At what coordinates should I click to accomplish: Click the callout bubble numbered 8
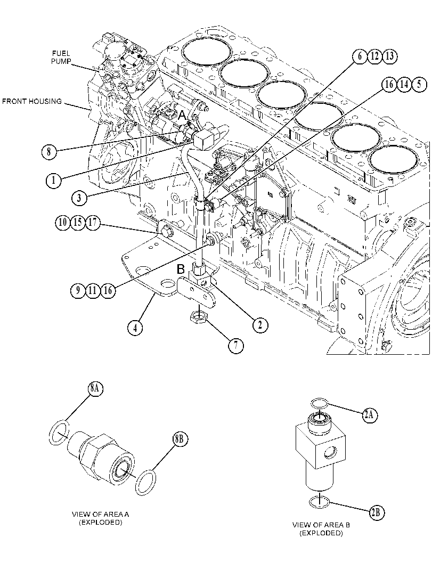[x=48, y=151]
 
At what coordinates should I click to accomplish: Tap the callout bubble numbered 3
[x=79, y=198]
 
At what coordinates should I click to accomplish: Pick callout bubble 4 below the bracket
[x=135, y=328]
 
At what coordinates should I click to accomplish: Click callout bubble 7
[x=236, y=345]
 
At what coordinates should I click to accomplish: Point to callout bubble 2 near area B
[x=260, y=325]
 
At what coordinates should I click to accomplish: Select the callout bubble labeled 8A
[x=95, y=389]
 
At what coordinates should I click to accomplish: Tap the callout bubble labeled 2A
[x=370, y=415]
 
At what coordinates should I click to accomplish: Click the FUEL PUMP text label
[x=61, y=57]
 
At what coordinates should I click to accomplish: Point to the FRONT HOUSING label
[x=32, y=101]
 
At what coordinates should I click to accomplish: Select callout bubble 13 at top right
[x=389, y=56]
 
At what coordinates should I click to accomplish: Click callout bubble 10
[x=63, y=223]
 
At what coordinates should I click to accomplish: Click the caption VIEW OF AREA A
[x=101, y=514]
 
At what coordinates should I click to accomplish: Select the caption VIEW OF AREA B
[x=321, y=525]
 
